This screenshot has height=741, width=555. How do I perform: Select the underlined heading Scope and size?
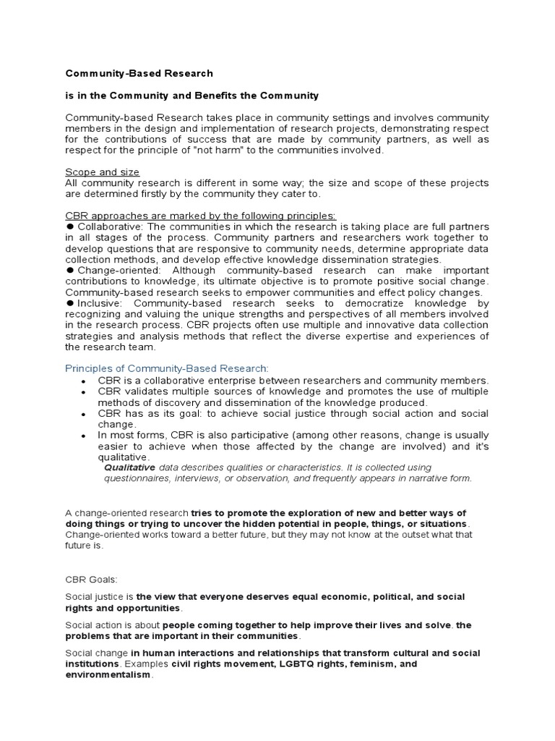coord(102,172)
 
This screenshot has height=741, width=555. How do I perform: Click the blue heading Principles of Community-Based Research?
coord(167,368)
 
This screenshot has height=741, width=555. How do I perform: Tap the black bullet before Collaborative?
coord(69,226)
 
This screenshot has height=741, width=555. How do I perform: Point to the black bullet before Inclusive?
coord(69,304)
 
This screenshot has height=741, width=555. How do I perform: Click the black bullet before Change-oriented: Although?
coord(69,270)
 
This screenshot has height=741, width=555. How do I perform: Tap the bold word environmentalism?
coord(108,674)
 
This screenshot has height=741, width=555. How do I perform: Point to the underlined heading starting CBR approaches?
coord(200,216)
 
